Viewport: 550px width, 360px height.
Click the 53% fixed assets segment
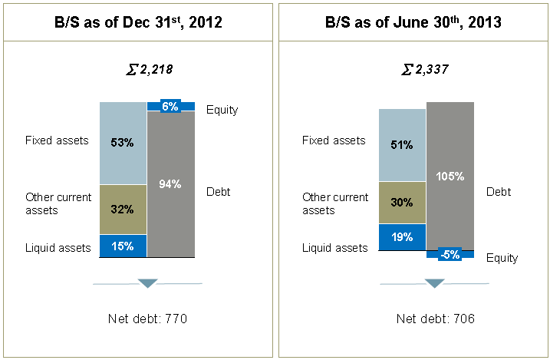123,143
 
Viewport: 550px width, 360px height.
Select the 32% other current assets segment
123,209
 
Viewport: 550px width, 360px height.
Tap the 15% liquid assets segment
123,246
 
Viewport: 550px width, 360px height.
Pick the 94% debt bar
170,184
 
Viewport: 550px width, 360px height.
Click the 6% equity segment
170,107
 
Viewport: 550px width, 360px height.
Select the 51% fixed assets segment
402,144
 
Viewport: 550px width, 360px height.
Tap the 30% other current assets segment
402,203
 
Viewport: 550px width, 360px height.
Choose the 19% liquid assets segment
402,237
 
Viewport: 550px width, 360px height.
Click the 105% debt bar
450,177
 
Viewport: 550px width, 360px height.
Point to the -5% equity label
450,255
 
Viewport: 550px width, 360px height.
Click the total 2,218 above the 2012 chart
149,70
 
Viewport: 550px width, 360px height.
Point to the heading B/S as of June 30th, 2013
413,22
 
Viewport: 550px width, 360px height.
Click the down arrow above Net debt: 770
148,284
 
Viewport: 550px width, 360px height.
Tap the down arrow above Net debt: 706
435,284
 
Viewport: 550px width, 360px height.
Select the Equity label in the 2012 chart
222,110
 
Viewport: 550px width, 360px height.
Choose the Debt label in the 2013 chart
499,191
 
